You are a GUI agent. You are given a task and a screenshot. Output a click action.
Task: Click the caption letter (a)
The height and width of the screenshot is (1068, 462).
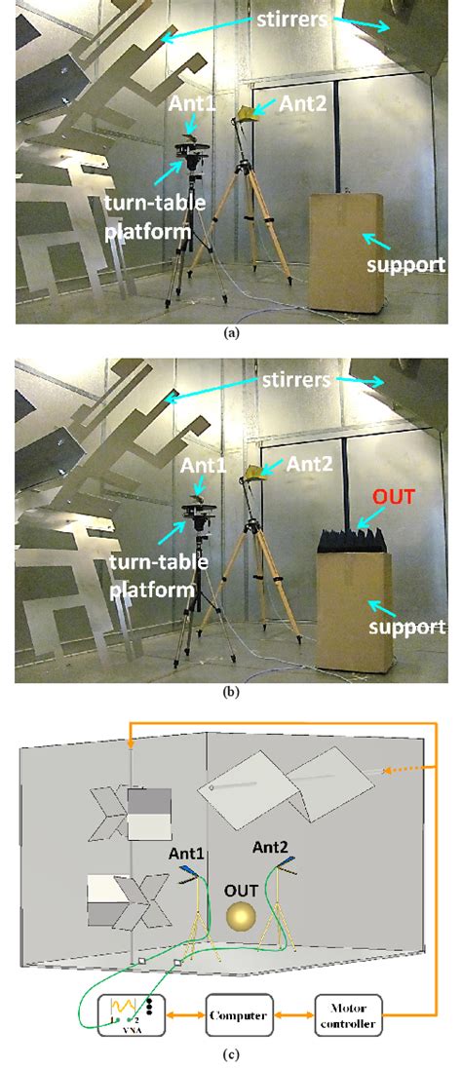[230, 332]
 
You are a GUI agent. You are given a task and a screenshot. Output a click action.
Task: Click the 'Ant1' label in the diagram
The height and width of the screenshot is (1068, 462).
[185, 855]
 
